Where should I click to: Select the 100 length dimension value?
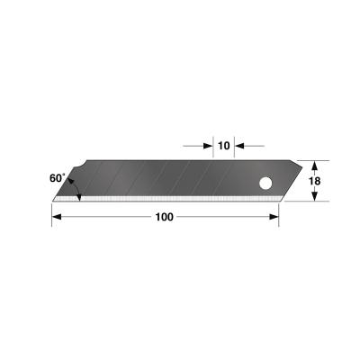point(164,217)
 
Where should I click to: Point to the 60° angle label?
point(58,179)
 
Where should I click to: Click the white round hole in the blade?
point(266,184)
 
